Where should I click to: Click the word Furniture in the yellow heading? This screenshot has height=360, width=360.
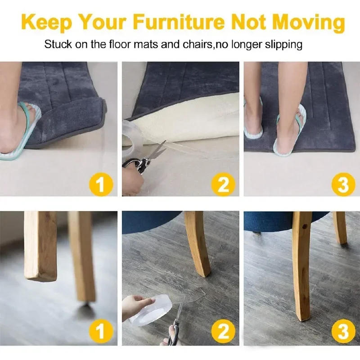coord(178,22)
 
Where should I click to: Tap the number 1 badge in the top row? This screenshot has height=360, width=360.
coord(101,184)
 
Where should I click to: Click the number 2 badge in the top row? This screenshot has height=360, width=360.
coord(223,184)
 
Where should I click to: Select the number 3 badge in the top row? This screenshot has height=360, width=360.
coord(344,184)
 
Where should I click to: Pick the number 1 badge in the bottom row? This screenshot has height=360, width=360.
coord(101,331)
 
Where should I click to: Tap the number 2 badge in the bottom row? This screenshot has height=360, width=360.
coord(223,331)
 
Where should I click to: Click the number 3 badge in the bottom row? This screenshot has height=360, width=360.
coord(344,331)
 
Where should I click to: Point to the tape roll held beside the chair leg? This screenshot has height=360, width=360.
coord(152,309)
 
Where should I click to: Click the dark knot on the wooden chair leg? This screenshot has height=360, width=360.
coord(305,227)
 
